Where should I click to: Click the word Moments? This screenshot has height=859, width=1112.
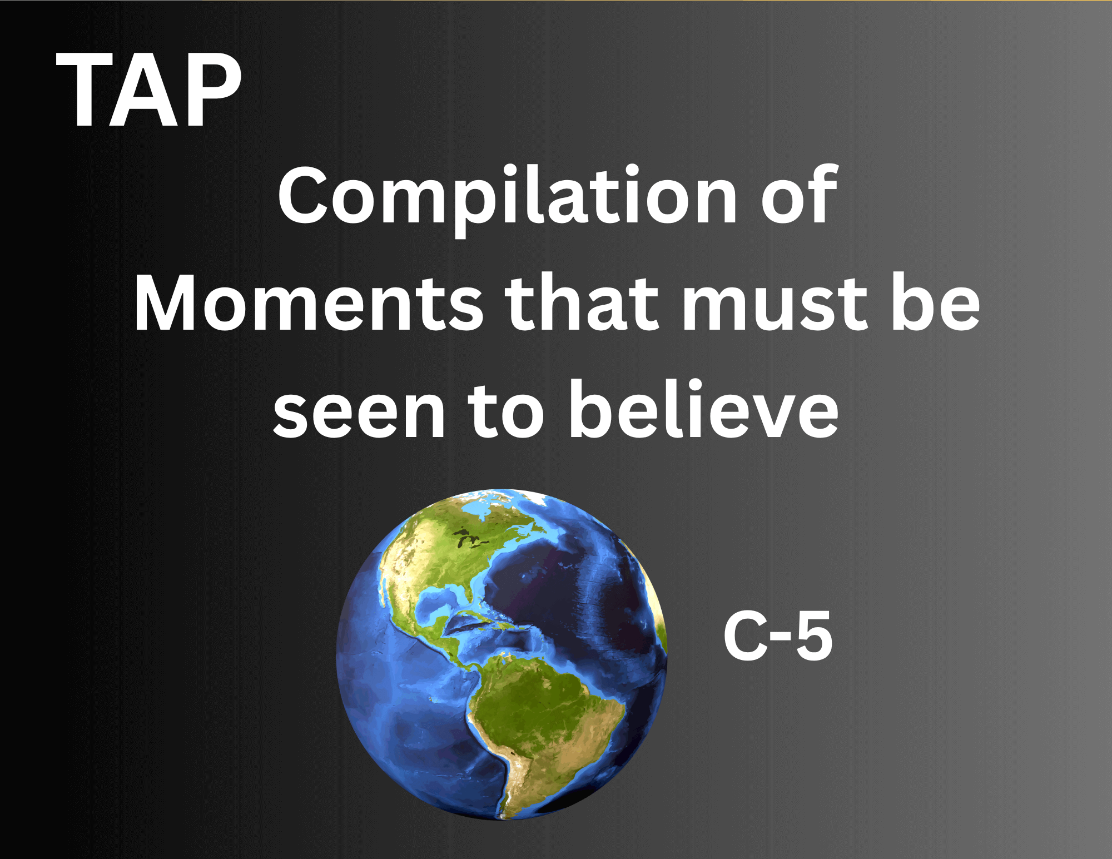(308, 304)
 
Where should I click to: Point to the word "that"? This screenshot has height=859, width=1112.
(582, 302)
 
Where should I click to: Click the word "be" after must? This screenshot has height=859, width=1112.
(936, 302)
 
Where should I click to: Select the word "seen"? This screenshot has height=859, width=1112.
(359, 414)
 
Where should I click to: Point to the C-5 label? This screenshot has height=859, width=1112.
(777, 635)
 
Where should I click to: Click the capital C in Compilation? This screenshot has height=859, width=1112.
(303, 195)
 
